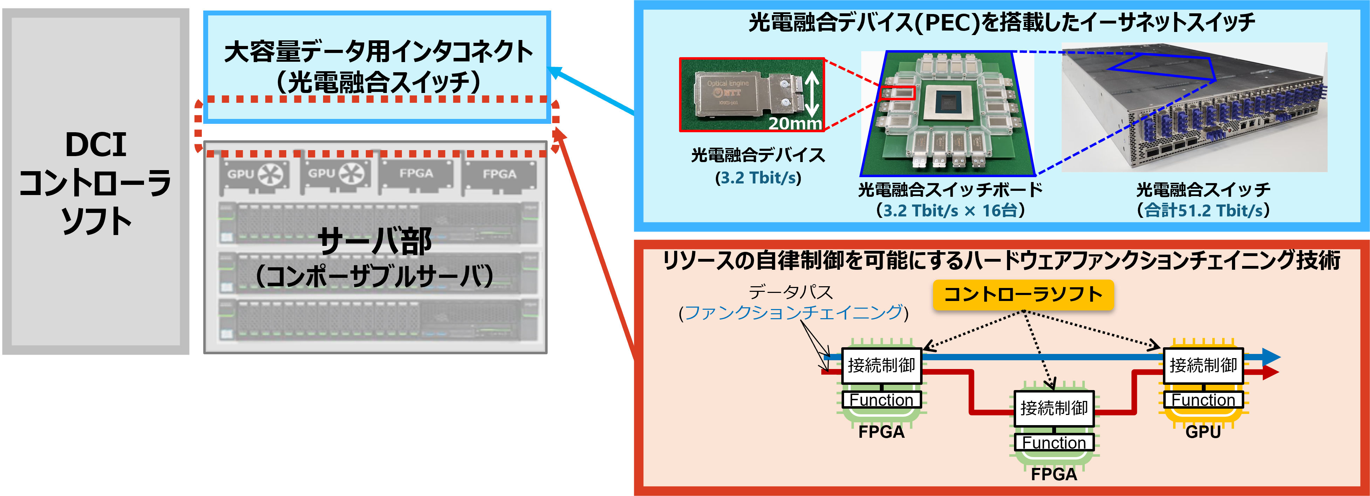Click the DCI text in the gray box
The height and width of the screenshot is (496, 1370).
point(96,145)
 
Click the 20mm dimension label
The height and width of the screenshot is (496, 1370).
point(795,123)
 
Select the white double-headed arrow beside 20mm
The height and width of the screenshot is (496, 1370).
point(811,95)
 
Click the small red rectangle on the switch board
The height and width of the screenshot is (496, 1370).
point(897,93)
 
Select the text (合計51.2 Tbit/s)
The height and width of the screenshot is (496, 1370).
point(1203,210)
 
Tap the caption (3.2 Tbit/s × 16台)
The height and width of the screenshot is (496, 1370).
point(950,210)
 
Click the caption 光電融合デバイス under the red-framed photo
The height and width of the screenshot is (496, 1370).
point(758,155)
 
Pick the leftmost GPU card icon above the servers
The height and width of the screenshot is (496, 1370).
point(255,175)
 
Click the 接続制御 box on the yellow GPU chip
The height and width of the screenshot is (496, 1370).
point(1203,366)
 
